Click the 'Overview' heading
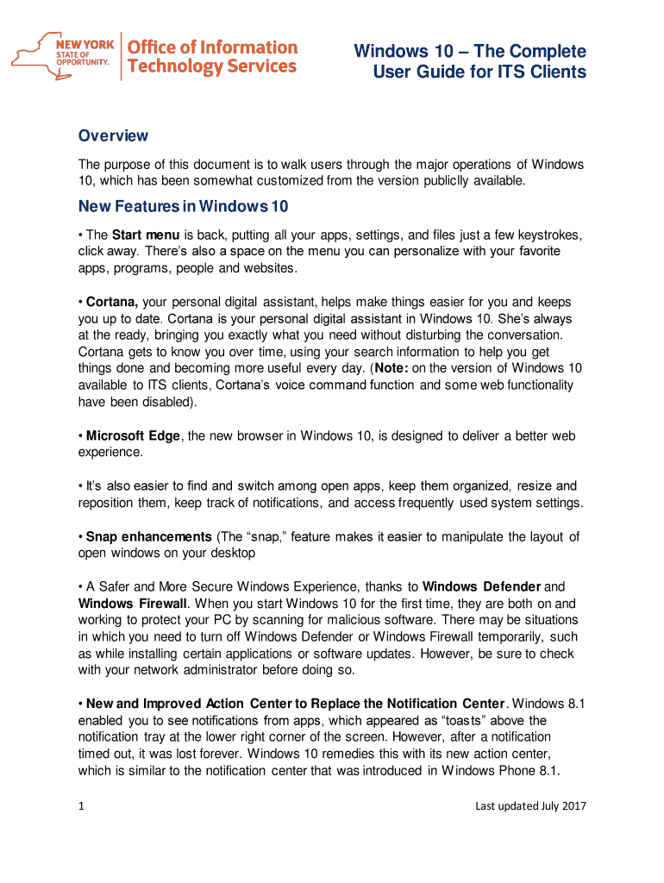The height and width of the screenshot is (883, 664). tap(113, 135)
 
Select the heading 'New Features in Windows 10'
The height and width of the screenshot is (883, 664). tap(183, 207)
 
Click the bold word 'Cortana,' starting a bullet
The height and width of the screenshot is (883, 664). tap(111, 303)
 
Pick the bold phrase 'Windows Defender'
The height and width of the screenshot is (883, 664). tap(489, 587)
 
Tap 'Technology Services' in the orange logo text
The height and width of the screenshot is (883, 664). tap(212, 66)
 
